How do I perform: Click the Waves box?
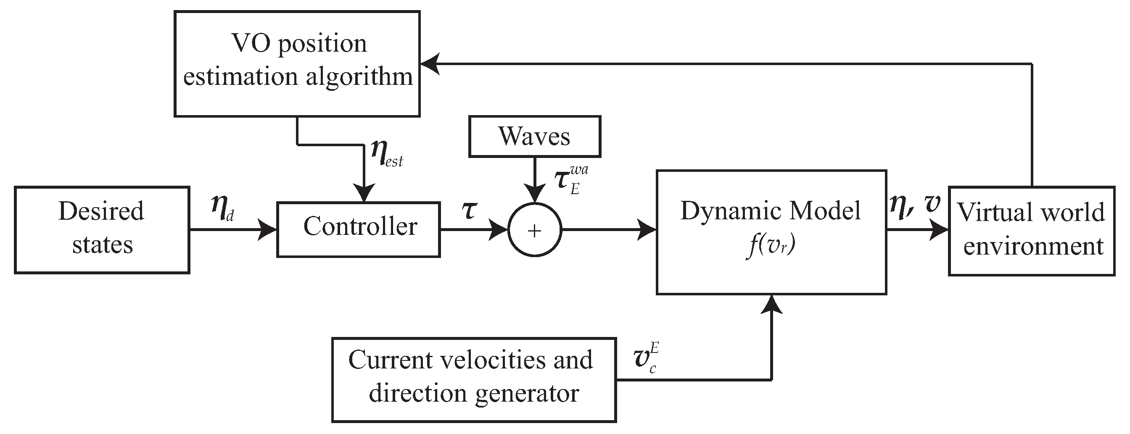tap(534, 137)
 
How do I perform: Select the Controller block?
tap(359, 229)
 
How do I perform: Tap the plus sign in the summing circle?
tap(534, 231)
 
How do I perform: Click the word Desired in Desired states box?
tap(101, 211)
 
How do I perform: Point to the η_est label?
tap(386, 153)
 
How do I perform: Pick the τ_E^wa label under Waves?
tap(570, 180)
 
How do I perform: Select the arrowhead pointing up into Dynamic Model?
tap(771, 304)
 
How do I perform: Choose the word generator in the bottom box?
tap(526, 393)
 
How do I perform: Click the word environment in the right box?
tap(1033, 246)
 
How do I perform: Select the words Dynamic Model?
tap(771, 211)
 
